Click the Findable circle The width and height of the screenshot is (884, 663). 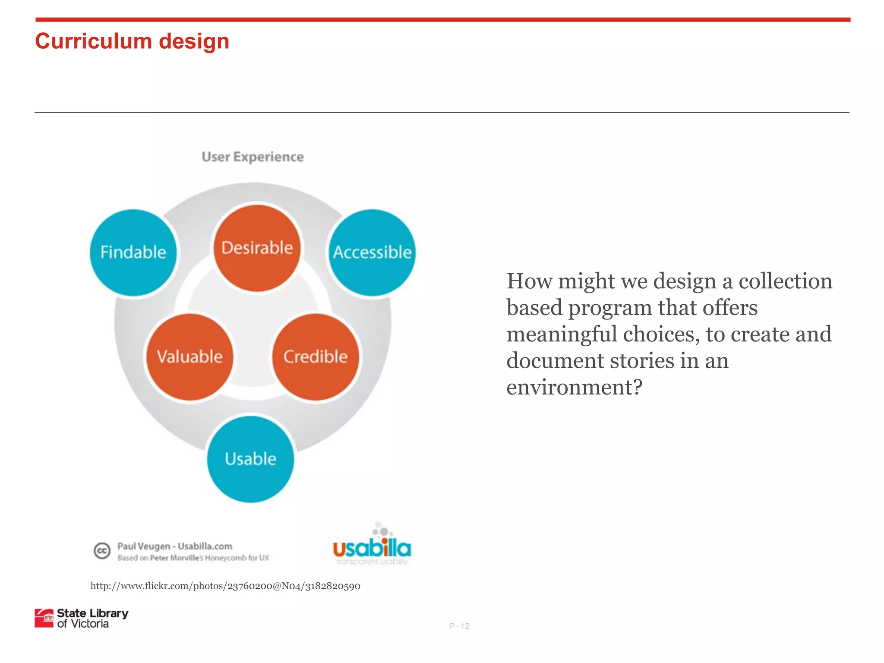click(x=133, y=253)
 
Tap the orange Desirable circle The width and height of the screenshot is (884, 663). click(x=257, y=248)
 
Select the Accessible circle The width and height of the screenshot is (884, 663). click(x=372, y=253)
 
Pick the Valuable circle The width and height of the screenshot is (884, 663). click(x=189, y=357)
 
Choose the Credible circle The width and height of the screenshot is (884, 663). click(x=316, y=357)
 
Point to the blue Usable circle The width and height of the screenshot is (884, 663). click(x=250, y=459)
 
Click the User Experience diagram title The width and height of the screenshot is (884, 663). click(x=253, y=157)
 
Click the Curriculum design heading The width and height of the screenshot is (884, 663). click(x=132, y=41)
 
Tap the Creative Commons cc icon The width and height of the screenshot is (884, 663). click(x=102, y=551)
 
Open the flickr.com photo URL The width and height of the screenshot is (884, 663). click(x=225, y=586)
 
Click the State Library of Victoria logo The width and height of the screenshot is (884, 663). click(x=82, y=618)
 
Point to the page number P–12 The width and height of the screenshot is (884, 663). click(x=459, y=626)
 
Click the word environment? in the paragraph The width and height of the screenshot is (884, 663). click(x=574, y=387)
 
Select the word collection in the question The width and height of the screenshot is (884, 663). click(x=785, y=281)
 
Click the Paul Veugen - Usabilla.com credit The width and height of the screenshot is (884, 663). click(x=175, y=546)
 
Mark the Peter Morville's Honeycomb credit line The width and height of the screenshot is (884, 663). click(x=193, y=558)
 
